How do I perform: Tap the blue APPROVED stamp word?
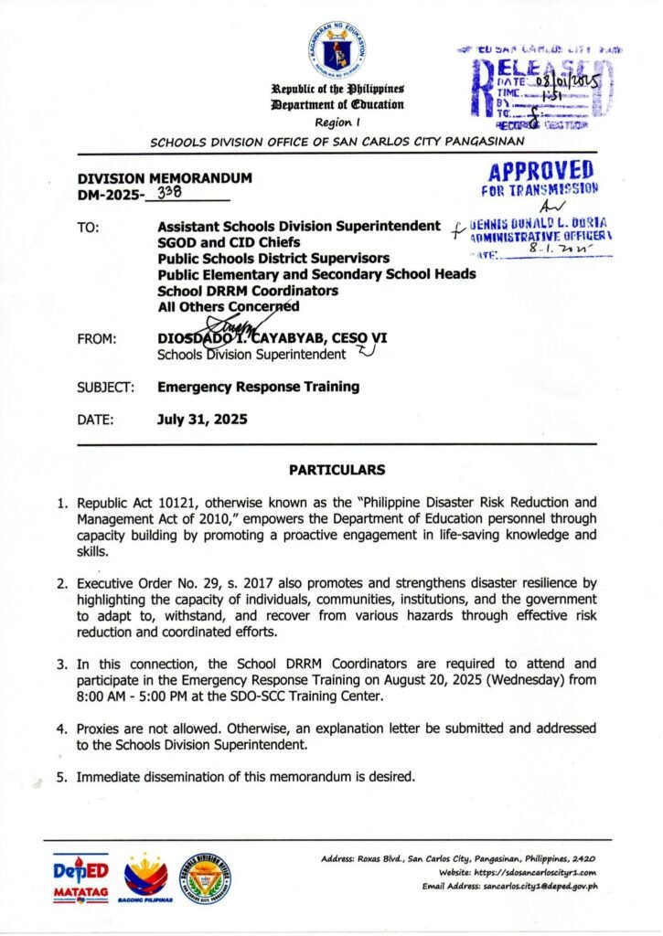pos(541,170)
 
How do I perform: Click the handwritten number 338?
pos(170,193)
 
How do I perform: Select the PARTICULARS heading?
pos(337,470)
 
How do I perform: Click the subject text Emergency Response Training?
pos(258,386)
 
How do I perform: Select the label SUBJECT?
pos(105,387)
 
